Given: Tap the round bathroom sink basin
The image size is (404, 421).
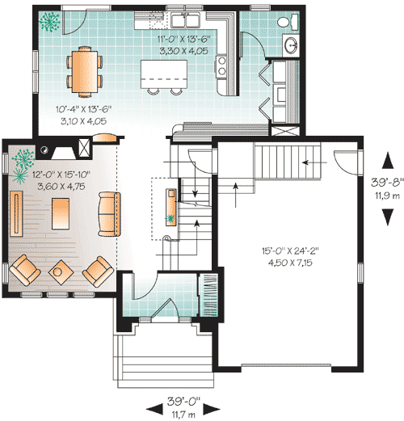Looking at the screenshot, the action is click(x=291, y=45).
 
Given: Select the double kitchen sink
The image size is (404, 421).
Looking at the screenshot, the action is click(x=185, y=20).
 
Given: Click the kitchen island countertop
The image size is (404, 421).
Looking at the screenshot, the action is click(x=164, y=74).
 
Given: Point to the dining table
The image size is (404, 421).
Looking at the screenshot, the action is click(x=85, y=72).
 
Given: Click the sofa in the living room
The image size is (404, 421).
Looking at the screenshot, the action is click(x=109, y=214).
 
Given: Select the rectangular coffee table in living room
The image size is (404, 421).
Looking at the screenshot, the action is click(x=61, y=214).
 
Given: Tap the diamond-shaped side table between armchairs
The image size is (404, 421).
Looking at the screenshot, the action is click(x=61, y=272).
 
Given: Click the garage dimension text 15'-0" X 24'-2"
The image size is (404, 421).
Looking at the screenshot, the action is click(x=290, y=251).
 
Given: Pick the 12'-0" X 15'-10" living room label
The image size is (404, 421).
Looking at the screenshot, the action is click(x=61, y=175).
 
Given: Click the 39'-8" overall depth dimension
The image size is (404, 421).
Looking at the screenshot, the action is click(x=387, y=183).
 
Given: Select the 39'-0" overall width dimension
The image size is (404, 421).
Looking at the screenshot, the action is click(x=183, y=401).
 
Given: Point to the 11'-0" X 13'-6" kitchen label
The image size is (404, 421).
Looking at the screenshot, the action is click(x=183, y=40).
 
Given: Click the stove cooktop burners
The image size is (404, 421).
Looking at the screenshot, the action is click(x=221, y=66).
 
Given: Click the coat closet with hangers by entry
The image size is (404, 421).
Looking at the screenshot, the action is click(x=208, y=295).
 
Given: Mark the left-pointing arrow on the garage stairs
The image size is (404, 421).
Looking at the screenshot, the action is click(x=314, y=162).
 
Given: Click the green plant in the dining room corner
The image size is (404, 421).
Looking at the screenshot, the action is click(x=48, y=22).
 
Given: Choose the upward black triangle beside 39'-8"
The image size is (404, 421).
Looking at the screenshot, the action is click(x=388, y=160).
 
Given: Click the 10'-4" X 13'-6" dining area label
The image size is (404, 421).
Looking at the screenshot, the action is click(x=84, y=109).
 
